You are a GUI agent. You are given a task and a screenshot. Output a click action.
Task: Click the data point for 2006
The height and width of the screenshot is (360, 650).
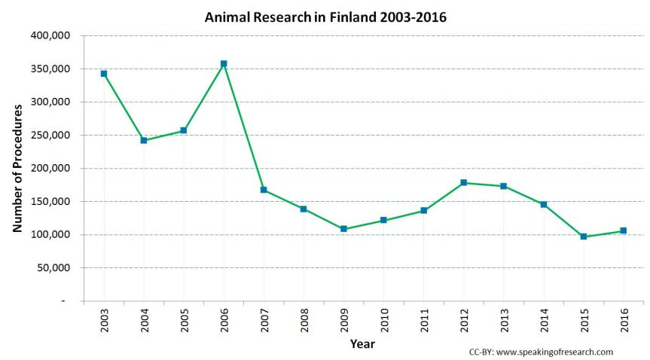tap(224, 64)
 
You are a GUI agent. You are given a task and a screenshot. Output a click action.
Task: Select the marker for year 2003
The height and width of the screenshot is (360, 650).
tap(104, 74)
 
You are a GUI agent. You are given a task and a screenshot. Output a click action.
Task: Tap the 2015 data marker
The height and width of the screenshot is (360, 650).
tap(584, 236)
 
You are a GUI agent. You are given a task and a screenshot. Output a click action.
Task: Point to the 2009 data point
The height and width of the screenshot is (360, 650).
tap(343, 229)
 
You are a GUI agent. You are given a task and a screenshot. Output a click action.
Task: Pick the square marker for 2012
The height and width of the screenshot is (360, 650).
tap(464, 182)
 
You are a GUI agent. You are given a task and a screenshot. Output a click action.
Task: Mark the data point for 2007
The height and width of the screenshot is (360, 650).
tap(264, 190)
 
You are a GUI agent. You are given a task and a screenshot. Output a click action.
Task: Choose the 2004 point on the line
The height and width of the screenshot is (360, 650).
tap(144, 140)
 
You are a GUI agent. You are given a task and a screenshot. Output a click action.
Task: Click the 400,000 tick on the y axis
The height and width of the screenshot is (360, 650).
tap(49, 35)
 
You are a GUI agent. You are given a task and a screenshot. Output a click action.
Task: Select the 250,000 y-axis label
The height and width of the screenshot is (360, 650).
tap(49, 135)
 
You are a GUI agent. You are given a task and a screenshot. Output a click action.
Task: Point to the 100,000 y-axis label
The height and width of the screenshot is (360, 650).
tap(49, 234)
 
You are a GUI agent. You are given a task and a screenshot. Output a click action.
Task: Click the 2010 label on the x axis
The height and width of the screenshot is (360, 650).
tap(384, 320)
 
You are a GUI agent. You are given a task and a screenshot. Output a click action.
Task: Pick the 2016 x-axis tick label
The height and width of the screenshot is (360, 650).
tap(624, 320)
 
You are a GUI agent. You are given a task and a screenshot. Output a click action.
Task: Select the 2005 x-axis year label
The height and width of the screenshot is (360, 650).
tap(184, 320)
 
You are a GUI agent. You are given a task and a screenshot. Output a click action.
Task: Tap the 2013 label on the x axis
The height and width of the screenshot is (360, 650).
tap(504, 320)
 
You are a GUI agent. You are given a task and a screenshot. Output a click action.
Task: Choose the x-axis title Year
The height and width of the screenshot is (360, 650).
tap(362, 344)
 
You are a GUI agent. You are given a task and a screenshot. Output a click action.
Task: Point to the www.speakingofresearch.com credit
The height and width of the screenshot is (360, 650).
tap(551, 352)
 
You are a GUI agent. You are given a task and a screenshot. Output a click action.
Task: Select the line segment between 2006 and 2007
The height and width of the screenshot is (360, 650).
tap(244, 127)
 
